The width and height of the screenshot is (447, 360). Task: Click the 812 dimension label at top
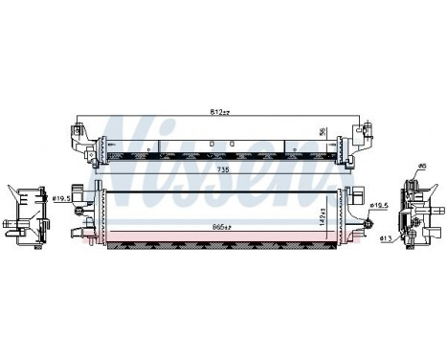[222, 112]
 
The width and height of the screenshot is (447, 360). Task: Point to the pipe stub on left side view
[11, 231]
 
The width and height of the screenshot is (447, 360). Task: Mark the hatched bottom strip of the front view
[220, 247]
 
